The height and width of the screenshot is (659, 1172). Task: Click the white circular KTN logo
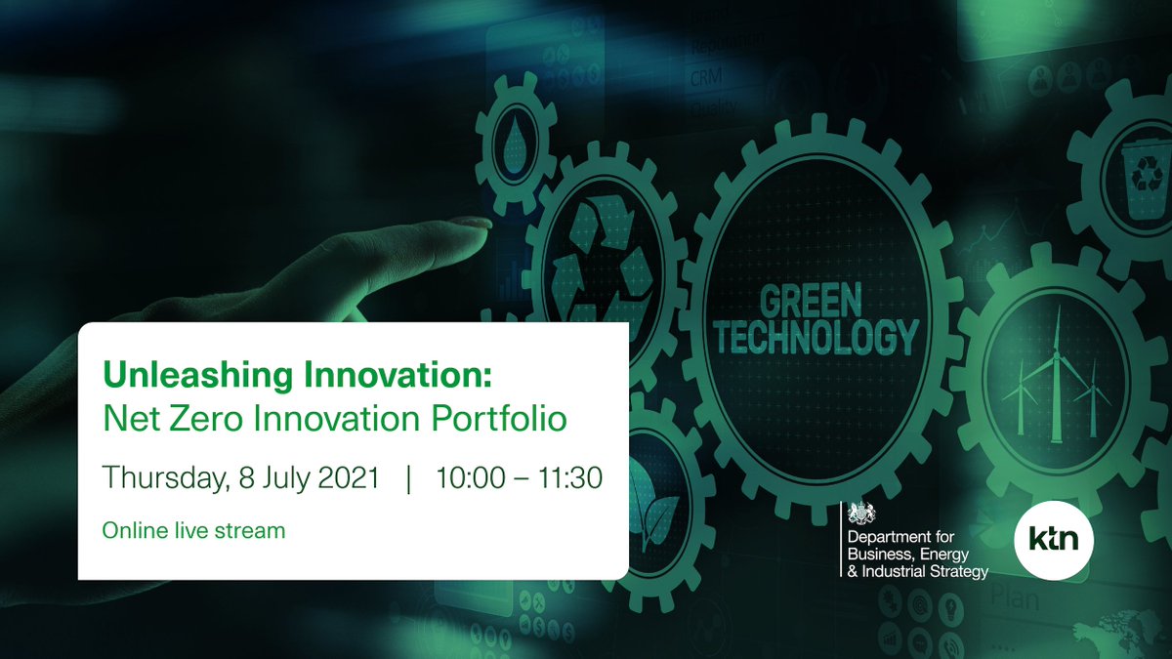point(1054,538)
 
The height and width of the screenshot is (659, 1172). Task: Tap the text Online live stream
point(194,531)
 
